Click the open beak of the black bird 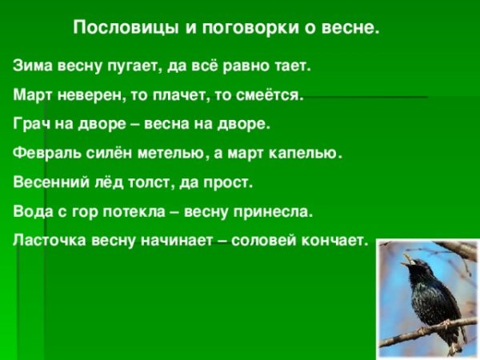tap(408, 259)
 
